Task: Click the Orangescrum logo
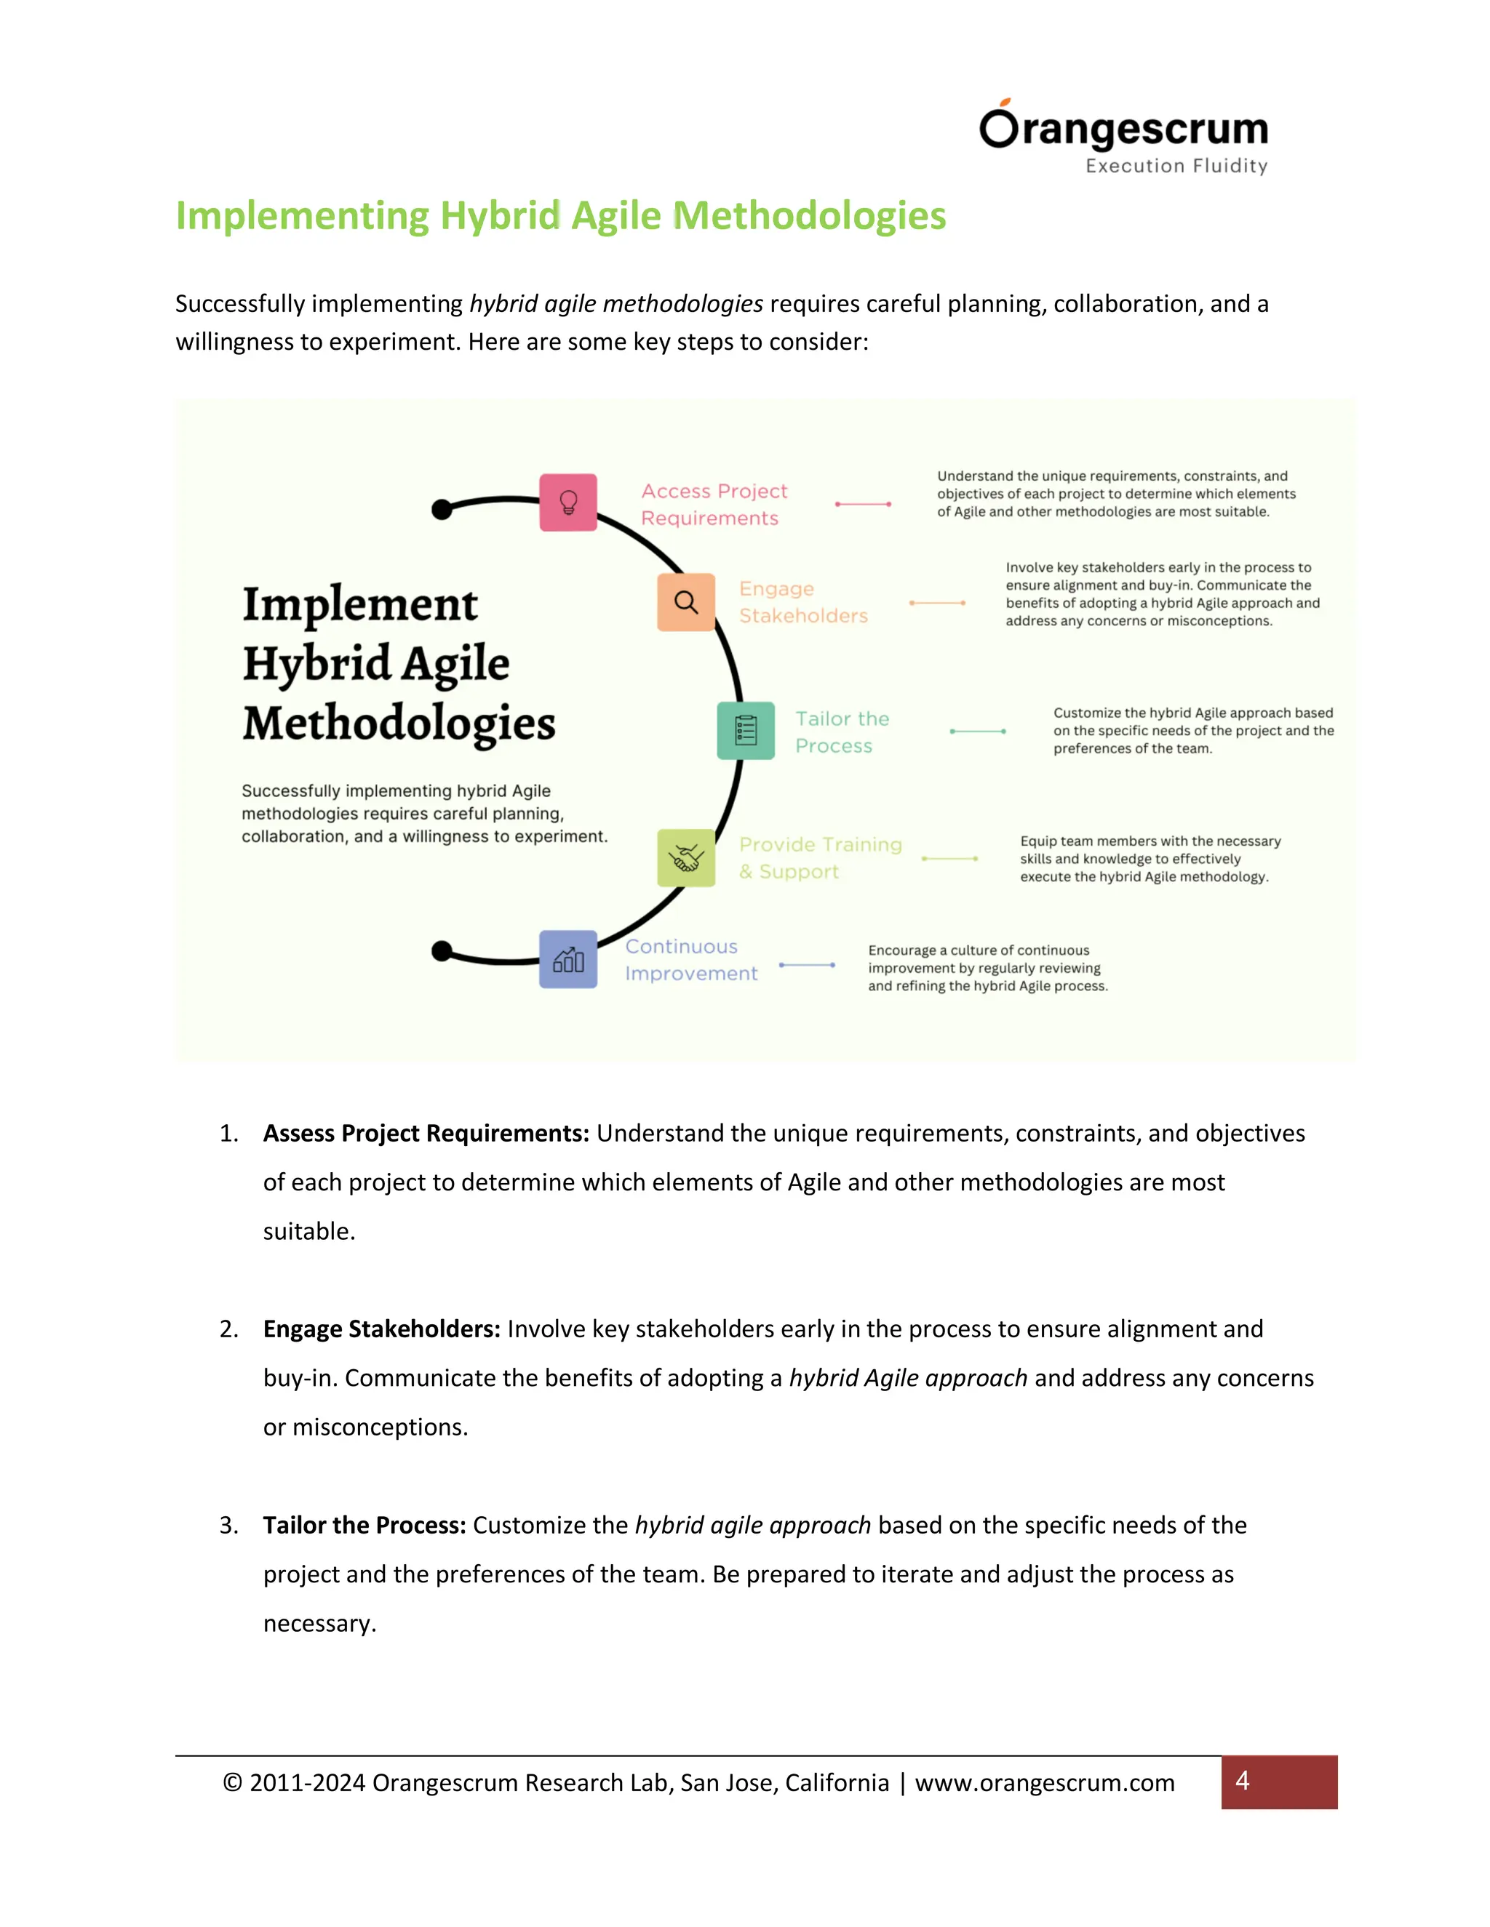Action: click(x=1123, y=129)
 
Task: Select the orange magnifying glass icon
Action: click(x=686, y=603)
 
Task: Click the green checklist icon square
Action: click(x=746, y=731)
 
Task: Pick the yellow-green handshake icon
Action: click(x=686, y=857)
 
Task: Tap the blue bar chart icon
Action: click(x=568, y=959)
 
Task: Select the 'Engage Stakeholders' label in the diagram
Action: click(x=803, y=603)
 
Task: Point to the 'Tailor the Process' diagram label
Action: click(x=842, y=732)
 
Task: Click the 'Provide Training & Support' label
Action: click(x=820, y=857)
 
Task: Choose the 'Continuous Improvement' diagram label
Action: click(x=691, y=960)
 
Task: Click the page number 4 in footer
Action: click(x=1242, y=1782)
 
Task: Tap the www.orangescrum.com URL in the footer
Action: click(x=1044, y=1783)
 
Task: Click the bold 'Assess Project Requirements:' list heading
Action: click(x=426, y=1134)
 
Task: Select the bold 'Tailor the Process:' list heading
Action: click(x=364, y=1526)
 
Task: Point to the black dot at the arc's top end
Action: click(x=442, y=509)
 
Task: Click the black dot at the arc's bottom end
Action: click(x=442, y=951)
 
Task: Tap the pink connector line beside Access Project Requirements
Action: click(x=862, y=505)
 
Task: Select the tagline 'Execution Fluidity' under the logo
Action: click(x=1176, y=166)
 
